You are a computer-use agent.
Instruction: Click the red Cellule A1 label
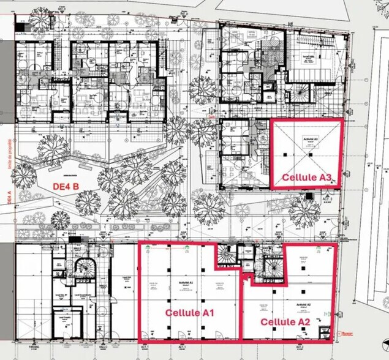tap(188, 312)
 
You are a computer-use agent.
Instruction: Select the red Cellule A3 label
tap(308, 178)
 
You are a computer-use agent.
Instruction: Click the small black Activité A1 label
tap(186, 282)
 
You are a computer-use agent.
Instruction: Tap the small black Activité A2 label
tap(304, 304)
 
